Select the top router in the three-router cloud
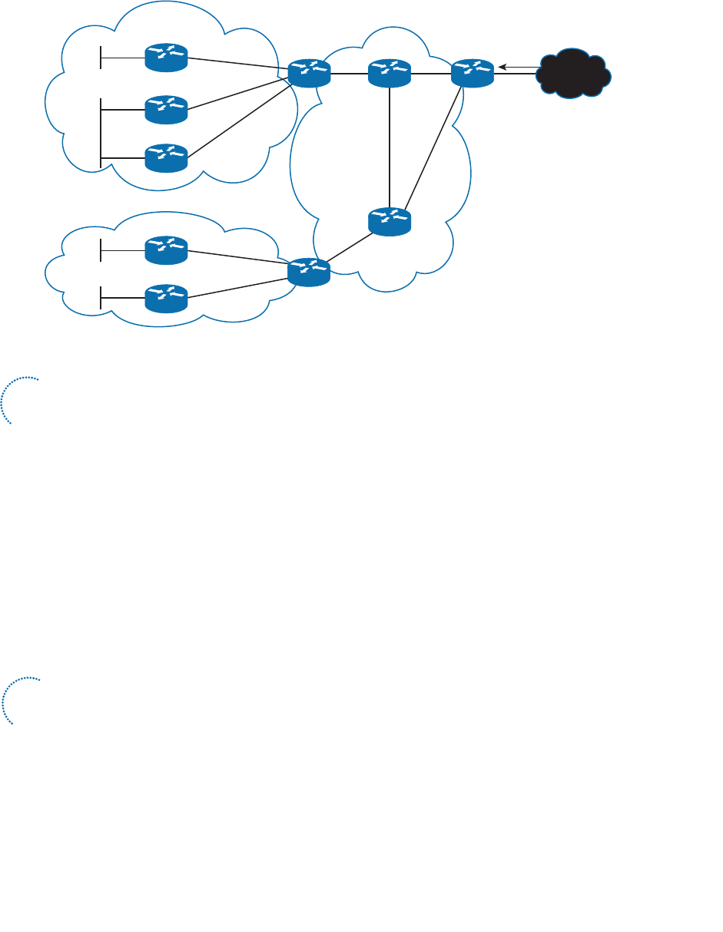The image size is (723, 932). pyautogui.click(x=166, y=58)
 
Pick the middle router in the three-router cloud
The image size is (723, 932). pyautogui.click(x=166, y=110)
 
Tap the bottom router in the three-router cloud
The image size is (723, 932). pyautogui.click(x=166, y=157)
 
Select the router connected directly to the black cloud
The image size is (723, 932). pyautogui.click(x=470, y=73)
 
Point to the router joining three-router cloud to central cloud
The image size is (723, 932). pyautogui.click(x=309, y=73)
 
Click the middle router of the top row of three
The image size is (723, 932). pyautogui.click(x=390, y=73)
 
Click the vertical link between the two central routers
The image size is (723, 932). pyautogui.click(x=390, y=146)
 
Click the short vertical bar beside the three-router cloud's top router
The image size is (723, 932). pyautogui.click(x=101, y=58)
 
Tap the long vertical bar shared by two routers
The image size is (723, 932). pyautogui.click(x=101, y=132)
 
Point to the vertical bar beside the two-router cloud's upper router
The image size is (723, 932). pyautogui.click(x=101, y=250)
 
